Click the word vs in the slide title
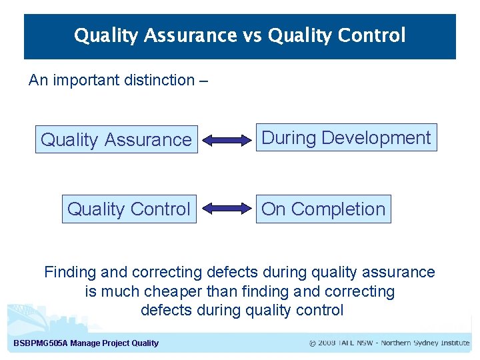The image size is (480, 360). pos(252,35)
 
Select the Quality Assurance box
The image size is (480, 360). pos(116,140)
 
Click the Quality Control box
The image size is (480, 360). pos(129,209)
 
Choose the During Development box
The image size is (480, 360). pos(346,138)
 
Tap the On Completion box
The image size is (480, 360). pos(323,209)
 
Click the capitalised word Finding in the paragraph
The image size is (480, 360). pos(66,272)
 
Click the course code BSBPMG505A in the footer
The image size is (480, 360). pos(41,343)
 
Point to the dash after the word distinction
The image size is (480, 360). pos(203,80)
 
